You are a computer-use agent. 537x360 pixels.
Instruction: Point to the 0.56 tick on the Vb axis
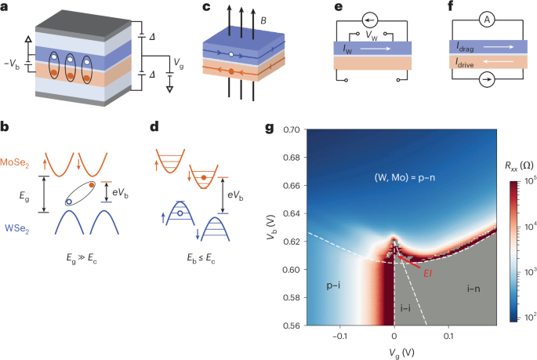(292, 324)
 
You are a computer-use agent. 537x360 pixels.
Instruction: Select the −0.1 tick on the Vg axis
(339, 335)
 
